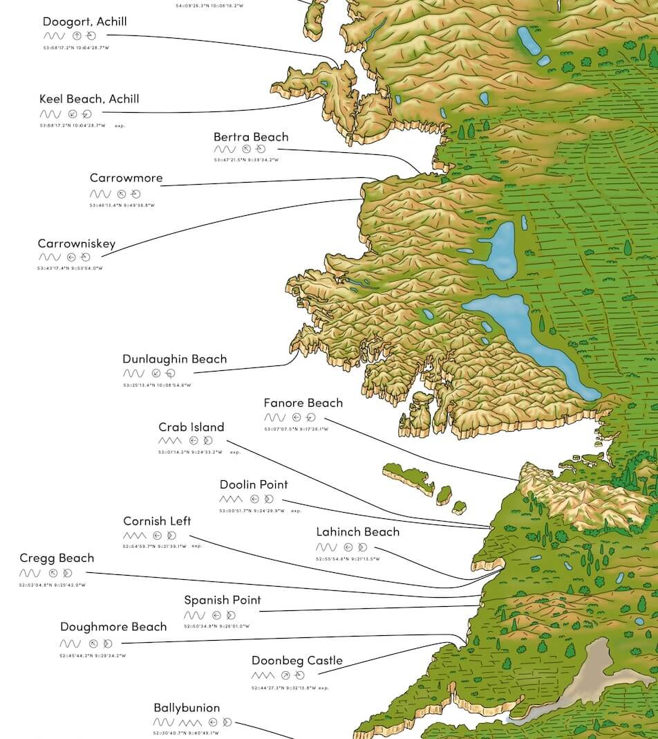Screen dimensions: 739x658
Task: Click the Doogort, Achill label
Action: (x=84, y=21)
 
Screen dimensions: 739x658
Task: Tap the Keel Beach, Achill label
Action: (x=89, y=99)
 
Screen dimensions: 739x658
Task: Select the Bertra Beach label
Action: (x=251, y=137)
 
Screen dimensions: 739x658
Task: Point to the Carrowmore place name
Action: (x=126, y=178)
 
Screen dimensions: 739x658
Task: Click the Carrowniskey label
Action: (x=77, y=244)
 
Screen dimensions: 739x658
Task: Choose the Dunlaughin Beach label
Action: (x=174, y=359)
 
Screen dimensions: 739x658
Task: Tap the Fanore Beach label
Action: (x=303, y=403)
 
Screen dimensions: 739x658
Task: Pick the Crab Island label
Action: (x=191, y=427)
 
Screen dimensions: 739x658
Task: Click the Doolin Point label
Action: (x=254, y=484)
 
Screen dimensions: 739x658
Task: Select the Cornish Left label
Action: (x=157, y=521)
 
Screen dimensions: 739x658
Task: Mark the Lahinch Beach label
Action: (x=357, y=532)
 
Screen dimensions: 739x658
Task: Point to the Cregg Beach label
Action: (x=57, y=558)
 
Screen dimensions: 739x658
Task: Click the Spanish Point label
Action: (x=223, y=600)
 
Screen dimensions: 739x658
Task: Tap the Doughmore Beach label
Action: (x=113, y=627)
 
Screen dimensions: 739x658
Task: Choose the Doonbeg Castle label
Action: (x=297, y=661)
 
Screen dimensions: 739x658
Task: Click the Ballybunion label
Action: (x=187, y=708)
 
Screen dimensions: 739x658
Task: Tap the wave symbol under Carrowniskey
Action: (x=49, y=257)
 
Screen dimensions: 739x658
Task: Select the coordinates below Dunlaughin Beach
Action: (x=157, y=385)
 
